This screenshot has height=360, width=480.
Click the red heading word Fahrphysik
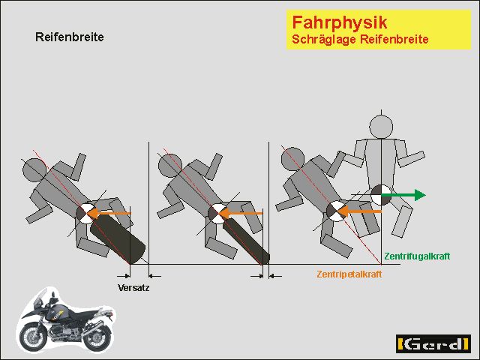tap(340, 23)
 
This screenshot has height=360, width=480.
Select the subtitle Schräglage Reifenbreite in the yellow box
tap(360, 39)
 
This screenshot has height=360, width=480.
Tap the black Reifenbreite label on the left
tap(70, 37)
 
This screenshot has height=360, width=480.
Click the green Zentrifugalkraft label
tap(417, 256)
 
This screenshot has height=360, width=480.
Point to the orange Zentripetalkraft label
tap(349, 274)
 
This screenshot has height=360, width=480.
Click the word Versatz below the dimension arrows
tap(133, 288)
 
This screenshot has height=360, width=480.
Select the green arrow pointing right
tap(403, 195)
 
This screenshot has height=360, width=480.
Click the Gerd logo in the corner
tap(433, 343)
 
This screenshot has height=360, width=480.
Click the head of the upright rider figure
tap(381, 127)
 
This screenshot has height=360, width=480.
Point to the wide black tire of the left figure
tap(118, 239)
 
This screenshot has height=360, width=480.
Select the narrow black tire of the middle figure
tap(247, 241)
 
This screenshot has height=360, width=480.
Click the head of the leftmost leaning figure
tap(34, 169)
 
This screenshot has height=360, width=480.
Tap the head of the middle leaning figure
tap(170, 165)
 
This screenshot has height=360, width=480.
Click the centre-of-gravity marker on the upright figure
tap(381, 195)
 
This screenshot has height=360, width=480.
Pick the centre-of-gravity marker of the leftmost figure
tap(86, 214)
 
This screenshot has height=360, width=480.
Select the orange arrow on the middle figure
tap(241, 213)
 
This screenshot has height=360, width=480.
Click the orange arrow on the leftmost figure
tap(109, 213)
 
